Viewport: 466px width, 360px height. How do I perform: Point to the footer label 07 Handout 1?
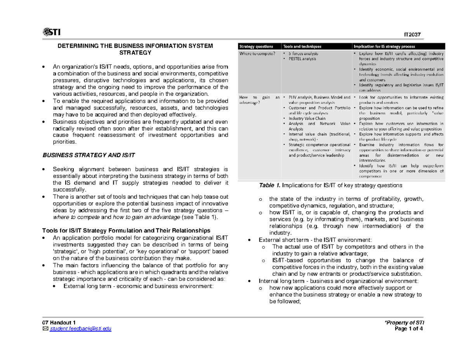[59, 323]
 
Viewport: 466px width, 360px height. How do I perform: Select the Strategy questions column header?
[256, 46]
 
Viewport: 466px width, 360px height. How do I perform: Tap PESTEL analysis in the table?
[302, 59]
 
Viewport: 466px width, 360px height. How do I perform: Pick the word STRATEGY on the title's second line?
[136, 52]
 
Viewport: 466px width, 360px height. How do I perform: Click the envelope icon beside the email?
[45, 329]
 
